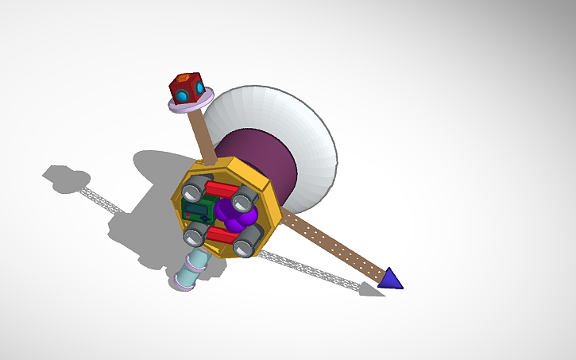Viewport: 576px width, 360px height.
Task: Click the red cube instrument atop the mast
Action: click(187, 87)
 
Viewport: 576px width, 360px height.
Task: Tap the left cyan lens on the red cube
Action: click(182, 96)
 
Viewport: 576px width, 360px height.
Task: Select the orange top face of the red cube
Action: click(184, 77)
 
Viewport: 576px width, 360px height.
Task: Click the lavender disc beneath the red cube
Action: click(191, 103)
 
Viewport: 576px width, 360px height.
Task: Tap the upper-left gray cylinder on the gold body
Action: click(193, 192)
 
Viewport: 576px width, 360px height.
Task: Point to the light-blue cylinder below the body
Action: click(191, 270)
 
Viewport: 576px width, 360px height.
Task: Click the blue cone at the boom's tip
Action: click(390, 278)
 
